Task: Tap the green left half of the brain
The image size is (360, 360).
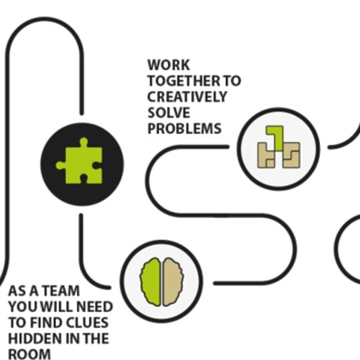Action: click(151, 282)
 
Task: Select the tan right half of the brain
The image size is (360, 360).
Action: click(173, 282)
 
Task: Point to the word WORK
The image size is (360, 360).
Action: click(169, 65)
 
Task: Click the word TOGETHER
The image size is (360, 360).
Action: click(184, 81)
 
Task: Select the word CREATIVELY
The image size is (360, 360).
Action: click(187, 97)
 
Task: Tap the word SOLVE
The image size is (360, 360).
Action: click(169, 113)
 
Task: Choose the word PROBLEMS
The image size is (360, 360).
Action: click(185, 129)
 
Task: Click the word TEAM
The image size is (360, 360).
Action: click(61, 291)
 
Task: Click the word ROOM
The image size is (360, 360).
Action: click(29, 354)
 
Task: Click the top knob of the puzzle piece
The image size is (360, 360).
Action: click(83, 142)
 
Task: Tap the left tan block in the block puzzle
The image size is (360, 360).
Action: click(266, 155)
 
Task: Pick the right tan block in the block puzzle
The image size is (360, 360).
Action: click(291, 155)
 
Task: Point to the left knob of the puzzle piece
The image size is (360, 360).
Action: click(61, 165)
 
